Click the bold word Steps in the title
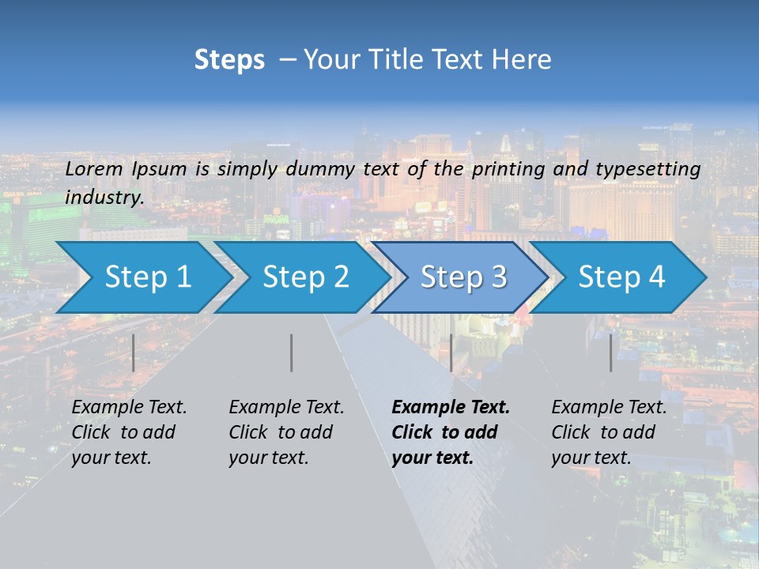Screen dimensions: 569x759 click(229, 60)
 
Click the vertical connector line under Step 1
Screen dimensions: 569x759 click(134, 352)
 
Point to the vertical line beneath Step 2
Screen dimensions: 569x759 click(292, 352)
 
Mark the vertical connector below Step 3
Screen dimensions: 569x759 click(451, 352)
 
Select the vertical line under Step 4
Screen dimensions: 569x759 click(610, 352)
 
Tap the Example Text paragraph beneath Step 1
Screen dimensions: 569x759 click(128, 432)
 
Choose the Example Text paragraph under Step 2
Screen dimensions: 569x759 click(285, 432)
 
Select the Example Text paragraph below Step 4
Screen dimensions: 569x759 click(608, 432)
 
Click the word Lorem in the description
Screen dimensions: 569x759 click(94, 169)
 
